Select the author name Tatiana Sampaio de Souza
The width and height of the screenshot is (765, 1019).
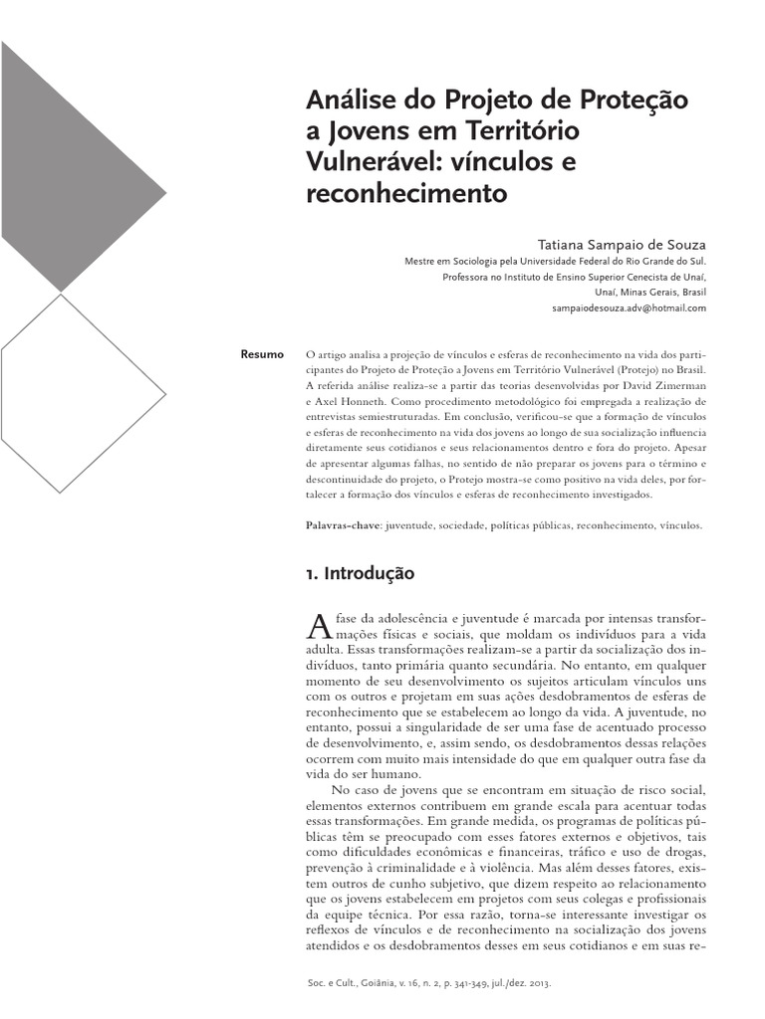[622, 244]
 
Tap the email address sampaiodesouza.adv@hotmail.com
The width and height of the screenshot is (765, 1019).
[629, 308]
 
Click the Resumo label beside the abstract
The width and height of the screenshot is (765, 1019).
[263, 354]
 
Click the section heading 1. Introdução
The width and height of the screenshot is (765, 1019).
[359, 574]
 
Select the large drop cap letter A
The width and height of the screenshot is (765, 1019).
[317, 625]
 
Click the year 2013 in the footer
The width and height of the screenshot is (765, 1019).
[565, 983]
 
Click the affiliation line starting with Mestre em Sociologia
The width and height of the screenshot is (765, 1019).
[554, 262]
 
